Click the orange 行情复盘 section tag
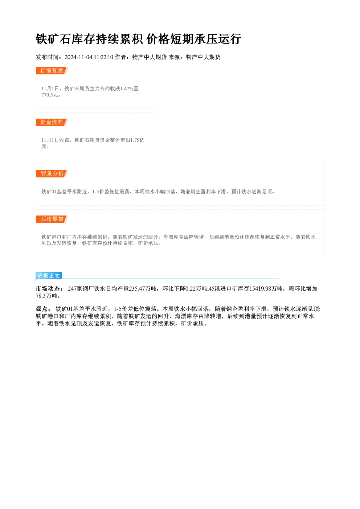52,71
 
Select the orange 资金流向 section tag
52,122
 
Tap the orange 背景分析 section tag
52,174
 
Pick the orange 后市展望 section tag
52,219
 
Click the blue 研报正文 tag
49,276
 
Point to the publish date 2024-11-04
78,57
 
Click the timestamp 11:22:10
103,57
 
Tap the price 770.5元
50,95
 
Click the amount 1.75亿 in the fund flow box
137,140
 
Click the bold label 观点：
44,309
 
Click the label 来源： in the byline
177,57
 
